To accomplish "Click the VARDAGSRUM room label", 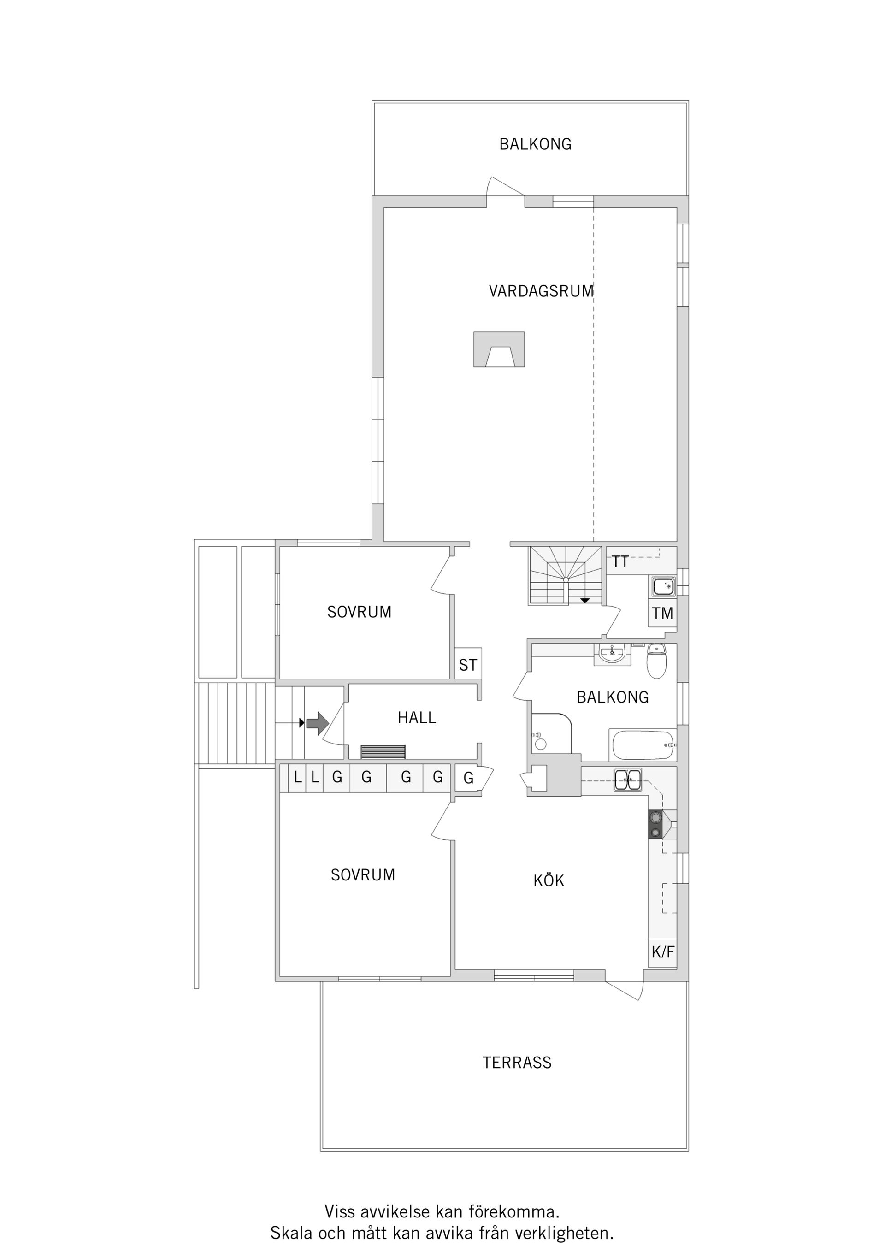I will (541, 291).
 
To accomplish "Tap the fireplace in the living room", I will (499, 349).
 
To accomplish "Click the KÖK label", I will (549, 880).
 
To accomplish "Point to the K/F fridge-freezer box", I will (662, 952).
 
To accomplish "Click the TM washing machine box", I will (662, 614).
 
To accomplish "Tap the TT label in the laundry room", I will (620, 561).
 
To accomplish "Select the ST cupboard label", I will (468, 665).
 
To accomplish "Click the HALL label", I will (417, 718).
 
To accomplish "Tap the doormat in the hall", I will (383, 751).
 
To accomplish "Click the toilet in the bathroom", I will (656, 661).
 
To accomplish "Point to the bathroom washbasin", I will (613, 653).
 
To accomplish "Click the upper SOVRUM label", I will (360, 612).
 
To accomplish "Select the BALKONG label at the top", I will (536, 144).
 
